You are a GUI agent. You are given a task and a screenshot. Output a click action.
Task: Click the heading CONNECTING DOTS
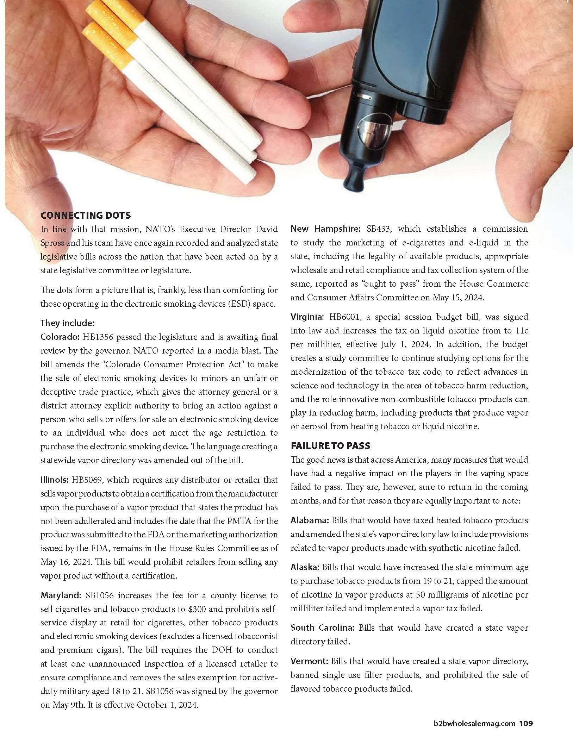click(x=86, y=215)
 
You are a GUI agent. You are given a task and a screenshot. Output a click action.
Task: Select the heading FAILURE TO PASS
click(x=330, y=446)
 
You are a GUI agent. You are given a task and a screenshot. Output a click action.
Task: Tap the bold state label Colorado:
click(x=60, y=337)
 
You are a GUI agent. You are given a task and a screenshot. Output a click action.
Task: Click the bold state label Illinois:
click(x=55, y=480)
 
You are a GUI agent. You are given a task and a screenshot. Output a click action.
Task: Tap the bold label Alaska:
click(x=305, y=567)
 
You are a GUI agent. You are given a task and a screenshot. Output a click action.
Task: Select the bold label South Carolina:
click(x=323, y=628)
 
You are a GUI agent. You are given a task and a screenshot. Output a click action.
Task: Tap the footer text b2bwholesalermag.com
click(x=475, y=724)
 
